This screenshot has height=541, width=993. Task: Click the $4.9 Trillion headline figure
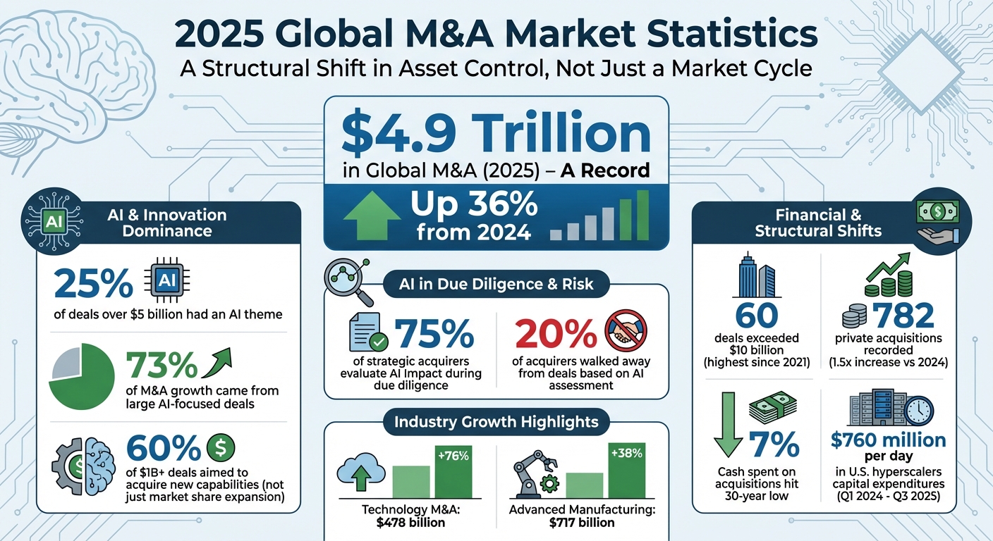click(x=495, y=134)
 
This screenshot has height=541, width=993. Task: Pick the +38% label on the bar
click(x=626, y=454)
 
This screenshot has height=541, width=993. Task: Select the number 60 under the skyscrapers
click(x=757, y=316)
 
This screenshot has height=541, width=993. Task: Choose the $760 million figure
click(x=888, y=441)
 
